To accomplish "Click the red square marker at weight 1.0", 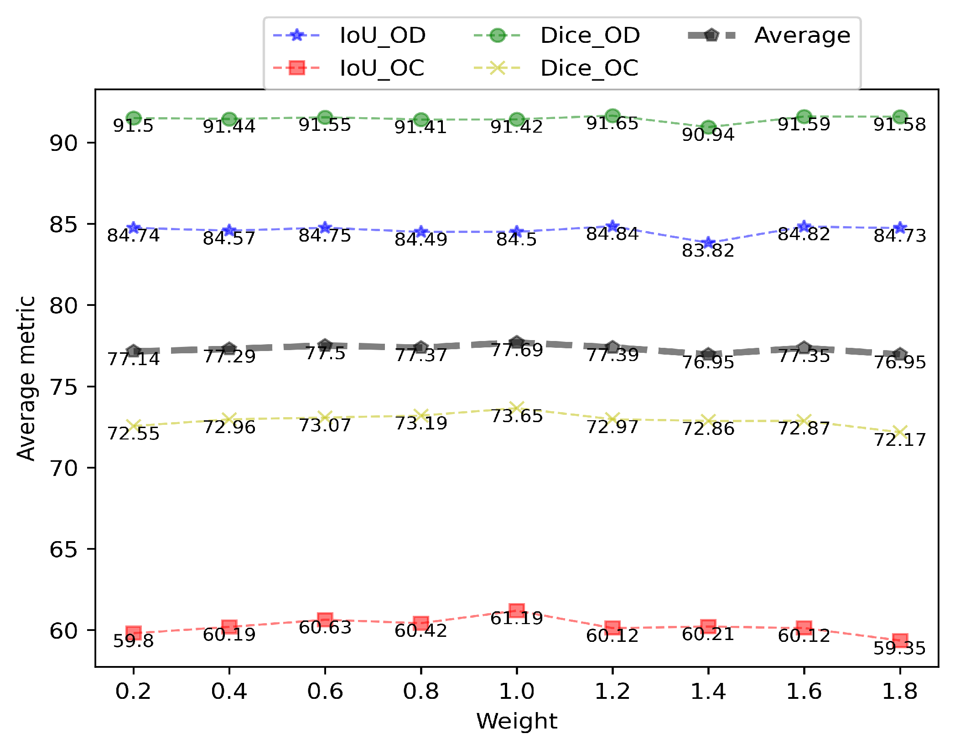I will click(x=516, y=610).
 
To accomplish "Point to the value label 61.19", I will click(x=516, y=619).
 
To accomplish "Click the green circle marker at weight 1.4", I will click(x=708, y=127).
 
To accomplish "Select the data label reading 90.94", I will click(x=708, y=135).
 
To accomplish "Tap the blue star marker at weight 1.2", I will click(x=612, y=226).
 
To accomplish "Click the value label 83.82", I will click(x=708, y=251).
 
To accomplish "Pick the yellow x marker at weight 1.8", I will click(x=899, y=432).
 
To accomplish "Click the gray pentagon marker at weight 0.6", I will click(x=325, y=345).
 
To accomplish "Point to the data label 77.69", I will click(x=516, y=351).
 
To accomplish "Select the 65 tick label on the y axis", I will click(x=63, y=549).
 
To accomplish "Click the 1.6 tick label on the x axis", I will click(x=804, y=692).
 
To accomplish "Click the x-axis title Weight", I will click(x=516, y=722).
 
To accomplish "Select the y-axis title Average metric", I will click(x=26, y=378).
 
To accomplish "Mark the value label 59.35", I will click(x=899, y=648).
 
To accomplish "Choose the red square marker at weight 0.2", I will click(x=133, y=633).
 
